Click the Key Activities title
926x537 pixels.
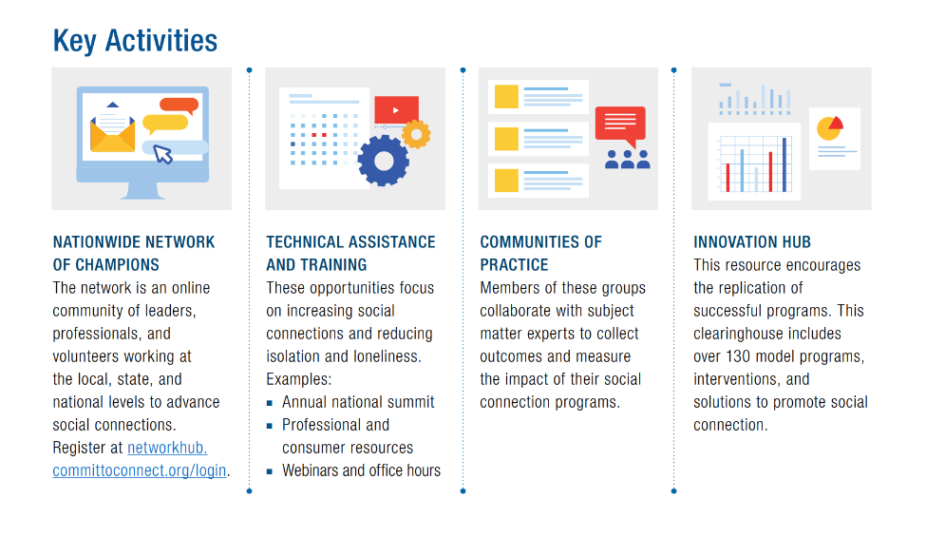pyautogui.click(x=135, y=41)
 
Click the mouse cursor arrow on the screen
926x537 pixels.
pyautogui.click(x=162, y=154)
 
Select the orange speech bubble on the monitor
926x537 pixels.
pyautogui.click(x=179, y=105)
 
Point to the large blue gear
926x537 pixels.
pyautogui.click(x=384, y=161)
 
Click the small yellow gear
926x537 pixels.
pyautogui.click(x=416, y=135)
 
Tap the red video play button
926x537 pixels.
pyautogui.click(x=396, y=110)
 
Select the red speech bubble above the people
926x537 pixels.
pyautogui.click(x=620, y=125)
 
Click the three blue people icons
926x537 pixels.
pyautogui.click(x=627, y=160)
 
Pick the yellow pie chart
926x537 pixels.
pyautogui.click(x=829, y=128)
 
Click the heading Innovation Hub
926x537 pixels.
pyautogui.click(x=752, y=242)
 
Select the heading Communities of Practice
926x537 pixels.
pyautogui.click(x=540, y=254)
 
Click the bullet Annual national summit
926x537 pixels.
pyautogui.click(x=358, y=402)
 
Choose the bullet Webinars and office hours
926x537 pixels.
pyautogui.click(x=362, y=470)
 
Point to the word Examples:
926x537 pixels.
pyautogui.click(x=299, y=379)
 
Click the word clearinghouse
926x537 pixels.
pyautogui.click(x=767, y=334)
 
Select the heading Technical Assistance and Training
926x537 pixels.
pyautogui.click(x=350, y=254)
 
